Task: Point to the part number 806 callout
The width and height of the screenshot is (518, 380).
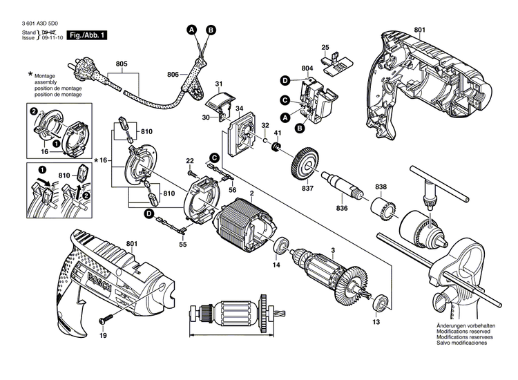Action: pos(173,74)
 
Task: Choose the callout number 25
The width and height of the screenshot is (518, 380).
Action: pos(325,48)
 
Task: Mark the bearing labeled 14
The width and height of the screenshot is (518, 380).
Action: pos(281,247)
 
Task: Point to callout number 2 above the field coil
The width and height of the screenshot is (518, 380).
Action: pos(252,192)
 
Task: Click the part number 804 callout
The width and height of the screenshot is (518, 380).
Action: pos(307,68)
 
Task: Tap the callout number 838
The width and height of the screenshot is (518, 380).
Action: pos(381,187)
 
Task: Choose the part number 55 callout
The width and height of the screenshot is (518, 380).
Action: pos(183,245)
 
